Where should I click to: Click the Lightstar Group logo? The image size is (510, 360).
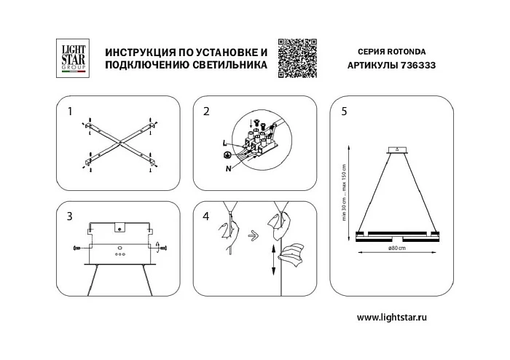pyautogui.click(x=72, y=58)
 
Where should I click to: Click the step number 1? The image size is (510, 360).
pyautogui.click(x=70, y=112)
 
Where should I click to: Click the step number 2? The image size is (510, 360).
pyautogui.click(x=206, y=112)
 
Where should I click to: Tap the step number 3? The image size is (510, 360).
pyautogui.click(x=70, y=216)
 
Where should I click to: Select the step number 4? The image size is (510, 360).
pyautogui.click(x=206, y=216)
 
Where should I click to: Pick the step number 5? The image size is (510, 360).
pyautogui.click(x=344, y=112)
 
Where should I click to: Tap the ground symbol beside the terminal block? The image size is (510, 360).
pyautogui.click(x=228, y=157)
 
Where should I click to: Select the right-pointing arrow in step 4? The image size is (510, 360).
pyautogui.click(x=251, y=235)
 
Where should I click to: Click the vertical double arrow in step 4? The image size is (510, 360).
pyautogui.click(x=273, y=260)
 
